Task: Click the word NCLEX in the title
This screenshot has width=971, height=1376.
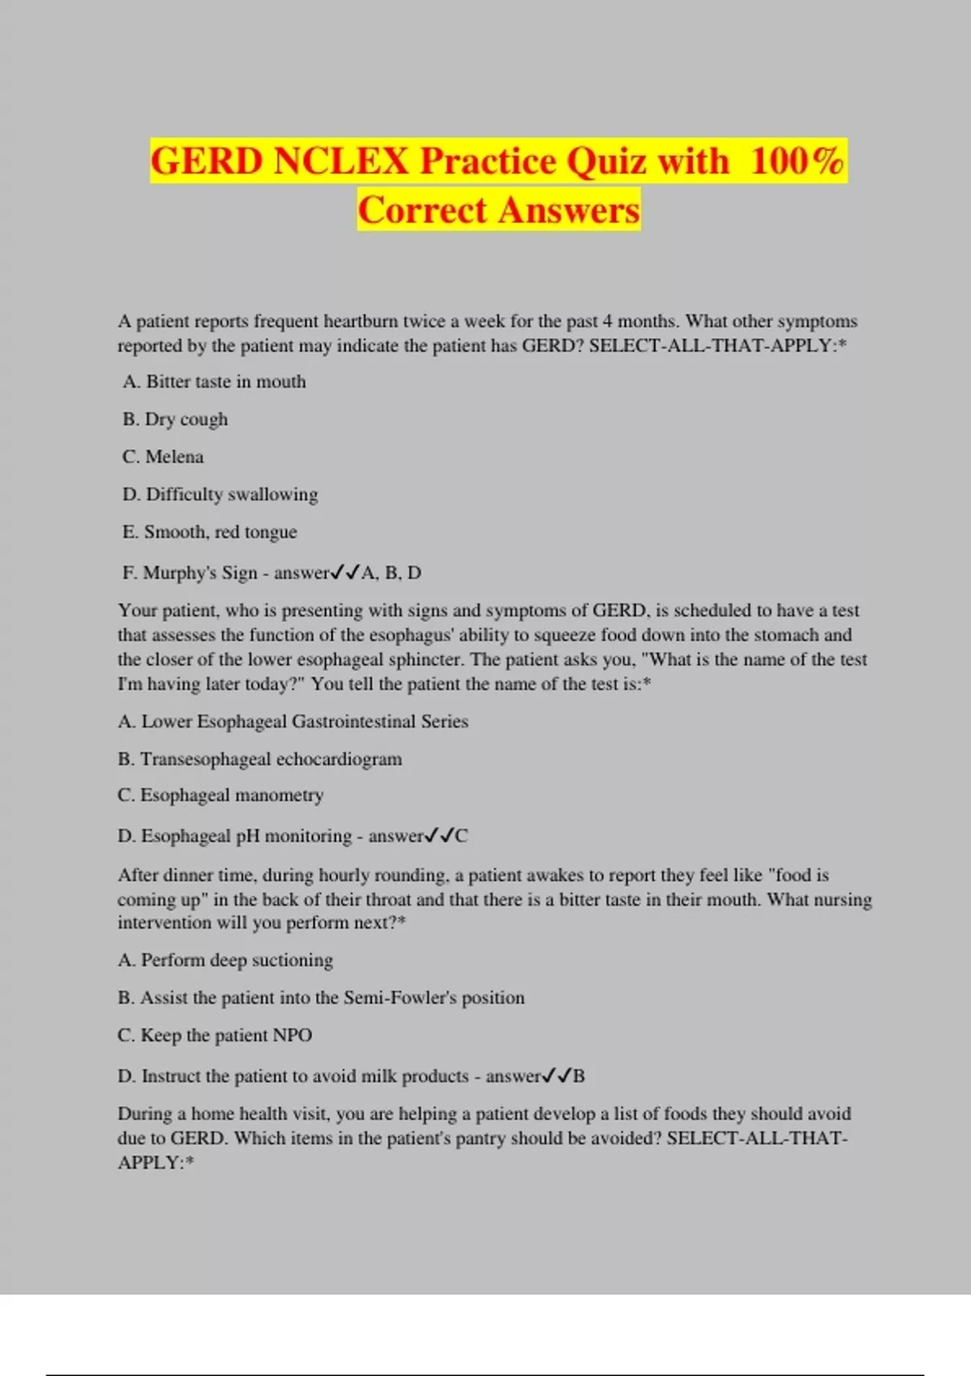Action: [341, 160]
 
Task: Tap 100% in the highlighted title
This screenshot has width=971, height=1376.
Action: [797, 160]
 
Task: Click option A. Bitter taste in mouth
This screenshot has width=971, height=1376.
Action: [214, 381]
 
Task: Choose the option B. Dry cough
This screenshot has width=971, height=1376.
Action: [176, 419]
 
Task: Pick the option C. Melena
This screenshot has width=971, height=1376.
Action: [163, 457]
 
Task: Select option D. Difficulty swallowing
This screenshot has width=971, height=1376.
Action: [220, 494]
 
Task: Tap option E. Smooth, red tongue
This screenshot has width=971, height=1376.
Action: [210, 532]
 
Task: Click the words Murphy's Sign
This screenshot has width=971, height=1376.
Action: [200, 573]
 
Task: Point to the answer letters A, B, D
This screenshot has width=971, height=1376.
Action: [391, 573]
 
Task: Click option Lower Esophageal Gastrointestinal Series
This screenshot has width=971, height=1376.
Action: [293, 721]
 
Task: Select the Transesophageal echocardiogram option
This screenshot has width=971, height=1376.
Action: [260, 759]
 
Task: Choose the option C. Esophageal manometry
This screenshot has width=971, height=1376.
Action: [221, 795]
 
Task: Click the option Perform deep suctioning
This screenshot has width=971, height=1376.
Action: [226, 960]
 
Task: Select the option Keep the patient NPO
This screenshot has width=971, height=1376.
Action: [215, 1035]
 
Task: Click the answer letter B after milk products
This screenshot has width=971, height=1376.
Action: [579, 1077]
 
